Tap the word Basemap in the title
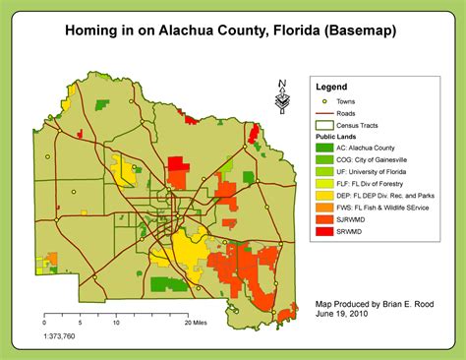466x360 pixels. point(363,32)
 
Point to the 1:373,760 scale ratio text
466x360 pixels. point(64,335)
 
